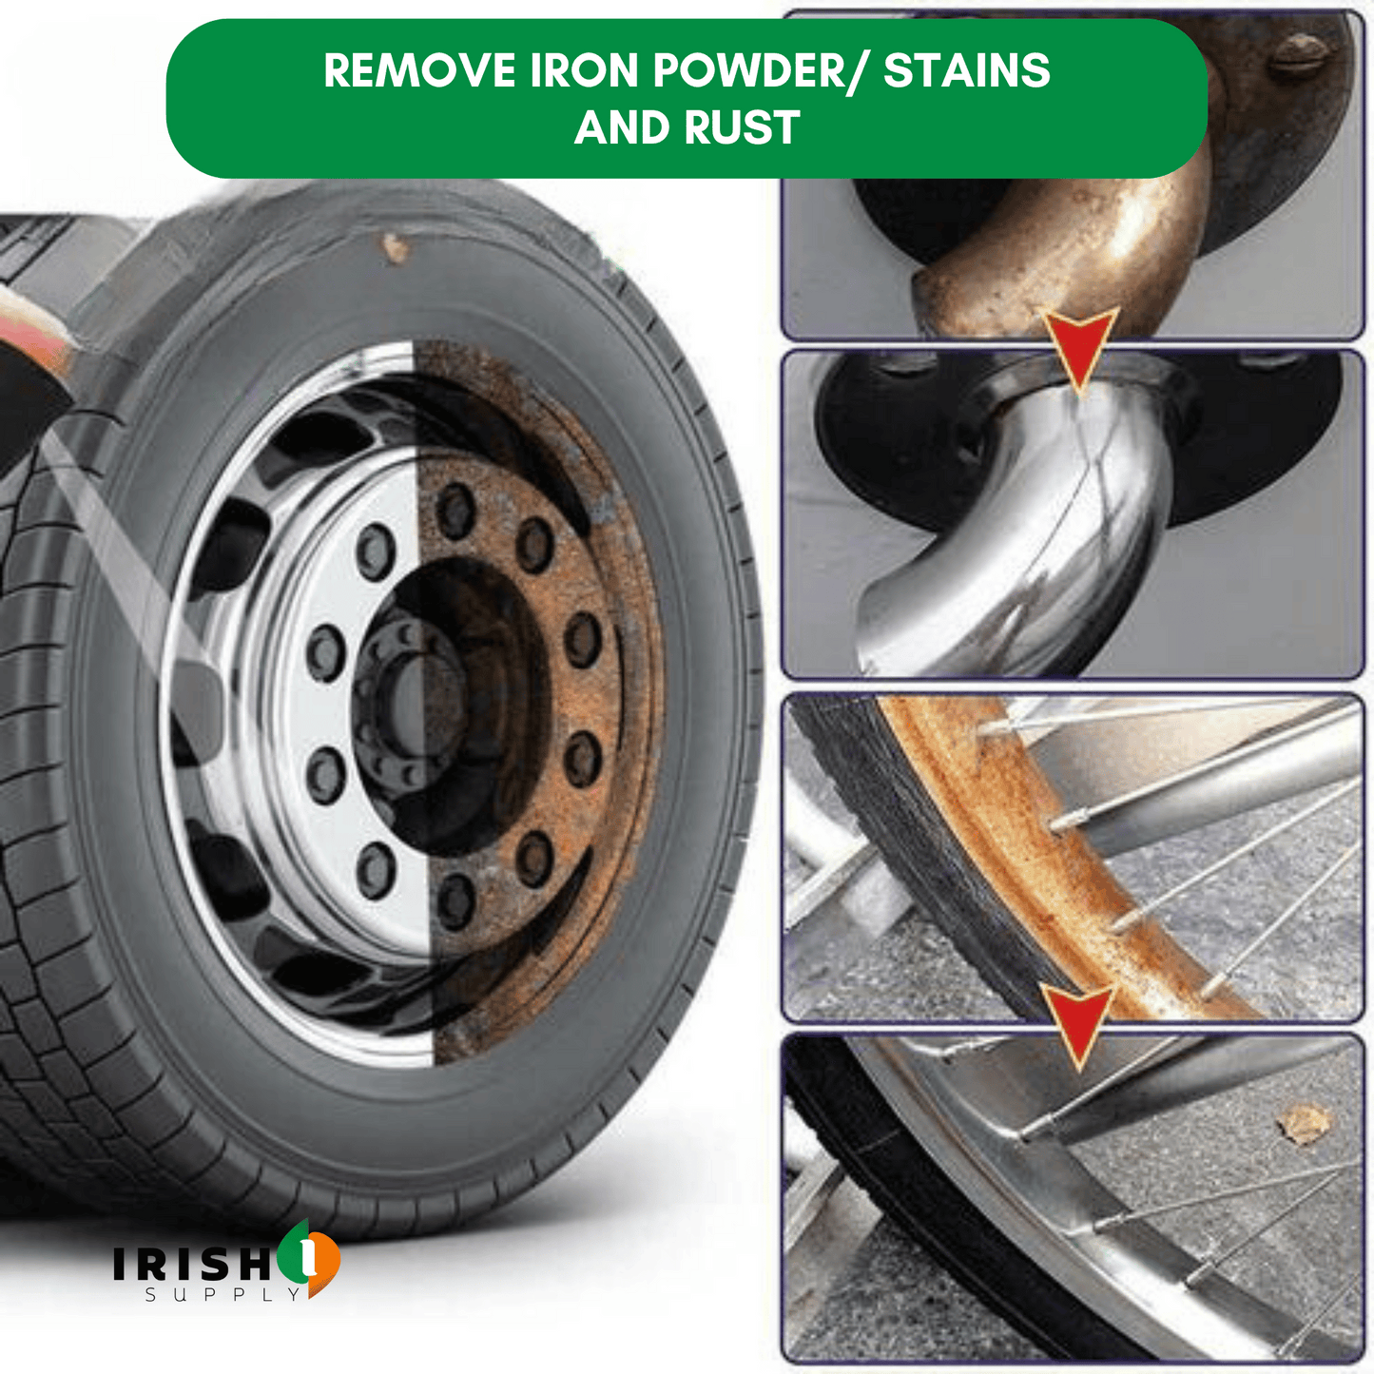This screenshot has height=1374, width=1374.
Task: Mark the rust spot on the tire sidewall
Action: (395, 246)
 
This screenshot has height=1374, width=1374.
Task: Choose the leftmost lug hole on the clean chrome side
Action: (325, 654)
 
